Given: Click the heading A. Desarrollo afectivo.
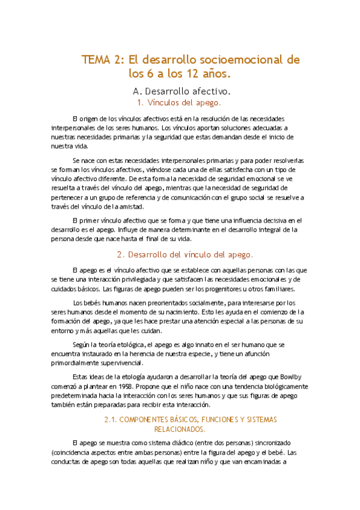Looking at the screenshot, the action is [182, 91].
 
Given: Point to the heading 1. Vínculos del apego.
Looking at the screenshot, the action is [180, 103].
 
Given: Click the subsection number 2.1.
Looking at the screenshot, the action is [114, 419].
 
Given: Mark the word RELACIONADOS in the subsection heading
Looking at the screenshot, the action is [180, 429].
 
